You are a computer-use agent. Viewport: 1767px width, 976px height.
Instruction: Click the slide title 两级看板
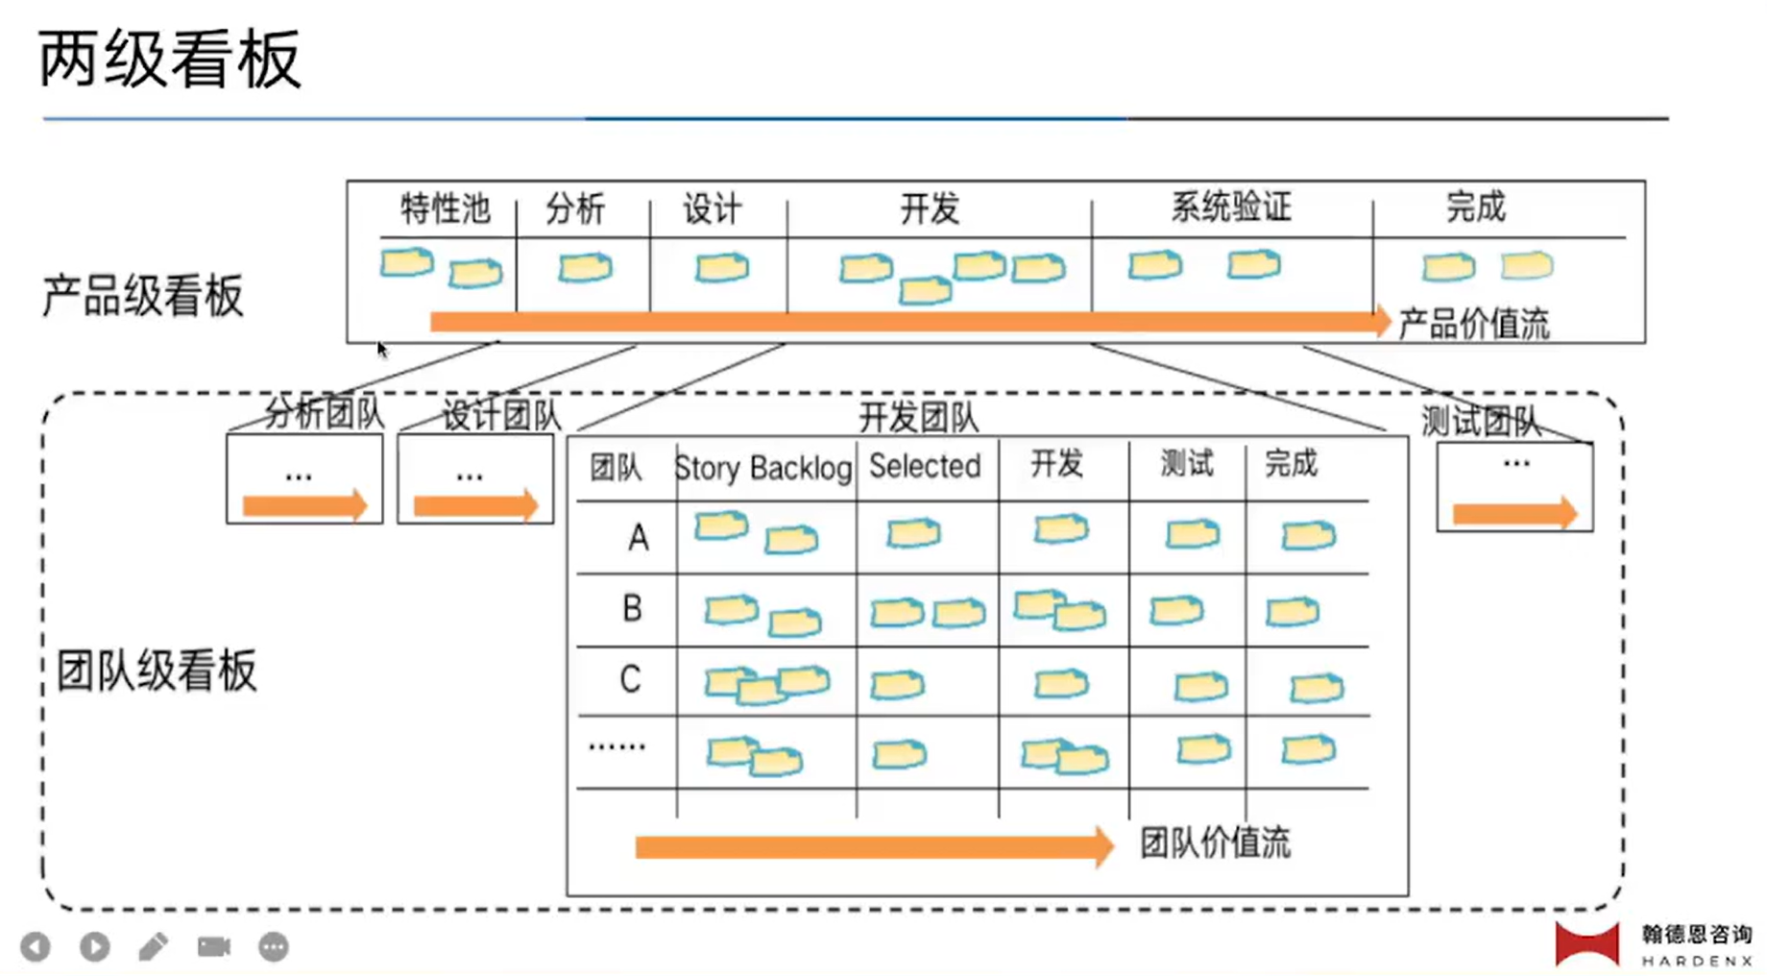click(170, 60)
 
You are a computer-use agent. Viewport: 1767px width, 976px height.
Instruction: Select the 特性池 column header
click(445, 208)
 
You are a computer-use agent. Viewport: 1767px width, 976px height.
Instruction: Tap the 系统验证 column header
click(1231, 207)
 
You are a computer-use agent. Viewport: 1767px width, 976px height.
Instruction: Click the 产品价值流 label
click(1473, 325)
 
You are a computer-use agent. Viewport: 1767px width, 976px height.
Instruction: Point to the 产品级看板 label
click(143, 296)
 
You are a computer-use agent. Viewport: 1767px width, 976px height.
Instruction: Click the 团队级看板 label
click(157, 671)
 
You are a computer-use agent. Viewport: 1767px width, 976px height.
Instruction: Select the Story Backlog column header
click(763, 469)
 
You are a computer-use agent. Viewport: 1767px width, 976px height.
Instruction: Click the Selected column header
click(925, 467)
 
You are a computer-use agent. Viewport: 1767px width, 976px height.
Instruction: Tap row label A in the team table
click(638, 538)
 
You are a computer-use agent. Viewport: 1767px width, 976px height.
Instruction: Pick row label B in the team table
click(632, 608)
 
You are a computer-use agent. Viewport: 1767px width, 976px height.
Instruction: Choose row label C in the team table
click(630, 680)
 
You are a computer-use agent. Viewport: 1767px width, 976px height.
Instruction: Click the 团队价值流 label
click(1215, 843)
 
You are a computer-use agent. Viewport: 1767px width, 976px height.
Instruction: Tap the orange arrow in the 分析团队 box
click(304, 505)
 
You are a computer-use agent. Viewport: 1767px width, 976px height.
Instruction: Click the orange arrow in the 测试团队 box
click(1514, 513)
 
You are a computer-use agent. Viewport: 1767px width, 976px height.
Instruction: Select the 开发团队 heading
click(918, 418)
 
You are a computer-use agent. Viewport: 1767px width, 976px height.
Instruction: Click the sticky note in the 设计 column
click(722, 267)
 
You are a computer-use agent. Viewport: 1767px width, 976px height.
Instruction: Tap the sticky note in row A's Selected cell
click(913, 533)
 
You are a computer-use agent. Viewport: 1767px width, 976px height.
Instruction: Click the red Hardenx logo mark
click(1586, 943)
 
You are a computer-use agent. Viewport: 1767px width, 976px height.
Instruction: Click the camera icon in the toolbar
click(214, 947)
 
